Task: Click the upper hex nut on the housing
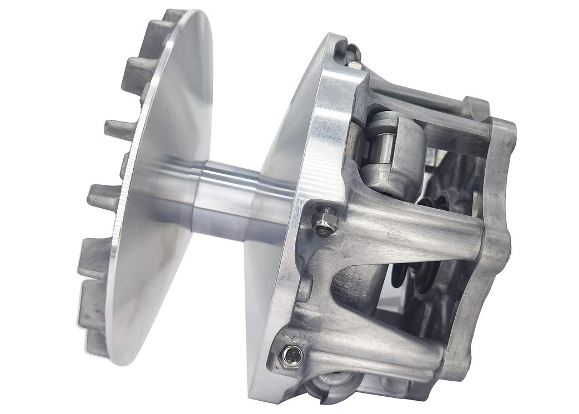(x=324, y=220)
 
